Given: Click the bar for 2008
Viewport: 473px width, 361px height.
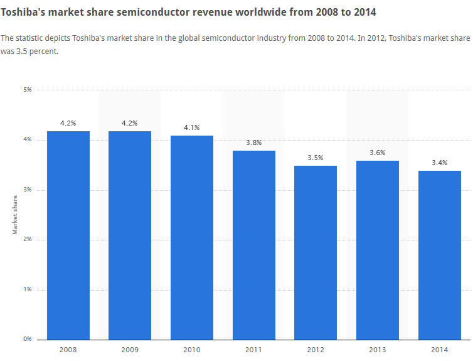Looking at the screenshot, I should tap(68, 235).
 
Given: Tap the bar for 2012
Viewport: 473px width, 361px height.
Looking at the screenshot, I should tap(316, 252).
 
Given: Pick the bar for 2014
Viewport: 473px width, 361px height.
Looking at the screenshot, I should tap(440, 255).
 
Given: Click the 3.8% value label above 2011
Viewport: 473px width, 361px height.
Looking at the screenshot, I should tap(254, 143).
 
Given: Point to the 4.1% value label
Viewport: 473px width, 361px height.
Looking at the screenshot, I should tap(192, 127).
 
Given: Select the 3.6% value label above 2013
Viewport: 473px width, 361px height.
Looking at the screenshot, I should tap(378, 153).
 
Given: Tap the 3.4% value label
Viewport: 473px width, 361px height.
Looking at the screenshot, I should tap(440, 163).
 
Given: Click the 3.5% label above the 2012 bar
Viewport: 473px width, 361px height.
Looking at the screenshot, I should tap(316, 158).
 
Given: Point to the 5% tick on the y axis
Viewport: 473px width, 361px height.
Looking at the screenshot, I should tap(28, 90).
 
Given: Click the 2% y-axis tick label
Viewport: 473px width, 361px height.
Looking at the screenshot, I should tap(28, 239).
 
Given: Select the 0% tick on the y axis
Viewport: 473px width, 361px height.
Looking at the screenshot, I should tap(28, 339).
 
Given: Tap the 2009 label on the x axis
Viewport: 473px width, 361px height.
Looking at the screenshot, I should tap(130, 349).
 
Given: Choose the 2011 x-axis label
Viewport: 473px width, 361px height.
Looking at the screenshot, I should tap(254, 349).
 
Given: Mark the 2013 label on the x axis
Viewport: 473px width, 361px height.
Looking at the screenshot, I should tap(378, 349).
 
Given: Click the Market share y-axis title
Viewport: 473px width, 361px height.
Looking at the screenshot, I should tap(16, 215).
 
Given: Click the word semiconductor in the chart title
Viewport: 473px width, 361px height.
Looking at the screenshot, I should tap(147, 12).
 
